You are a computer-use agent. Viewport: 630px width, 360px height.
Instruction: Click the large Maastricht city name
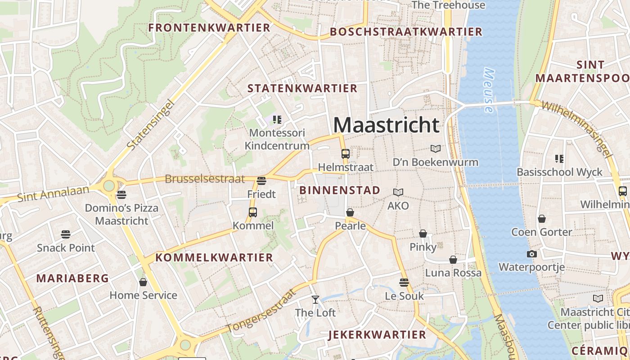(386, 125)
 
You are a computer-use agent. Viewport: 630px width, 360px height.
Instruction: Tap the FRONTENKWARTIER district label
(209, 28)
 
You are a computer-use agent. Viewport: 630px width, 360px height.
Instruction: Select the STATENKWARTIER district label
(302, 88)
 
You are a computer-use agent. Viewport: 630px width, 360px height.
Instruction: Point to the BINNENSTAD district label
(340, 190)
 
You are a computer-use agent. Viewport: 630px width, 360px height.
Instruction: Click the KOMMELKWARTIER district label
(214, 258)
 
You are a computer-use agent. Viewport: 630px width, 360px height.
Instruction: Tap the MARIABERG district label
(72, 279)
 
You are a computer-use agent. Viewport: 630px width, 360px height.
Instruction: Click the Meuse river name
(488, 90)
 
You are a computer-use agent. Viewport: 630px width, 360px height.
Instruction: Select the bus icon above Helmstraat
(345, 154)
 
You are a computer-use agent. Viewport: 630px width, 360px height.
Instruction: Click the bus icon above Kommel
(253, 212)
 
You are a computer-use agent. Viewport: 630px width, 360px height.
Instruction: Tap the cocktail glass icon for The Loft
(315, 299)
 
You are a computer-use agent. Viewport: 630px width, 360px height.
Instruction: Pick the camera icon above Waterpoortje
(531, 254)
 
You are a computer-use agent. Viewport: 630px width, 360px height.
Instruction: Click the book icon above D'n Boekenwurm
(435, 148)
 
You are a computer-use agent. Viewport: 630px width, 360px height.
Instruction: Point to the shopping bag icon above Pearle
(350, 212)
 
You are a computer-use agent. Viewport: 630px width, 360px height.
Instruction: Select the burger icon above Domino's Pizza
(121, 195)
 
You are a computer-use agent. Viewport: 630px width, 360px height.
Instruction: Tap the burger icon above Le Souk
(404, 283)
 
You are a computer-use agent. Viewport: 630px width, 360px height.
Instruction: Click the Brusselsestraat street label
(205, 179)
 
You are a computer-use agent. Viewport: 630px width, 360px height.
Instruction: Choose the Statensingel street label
(151, 125)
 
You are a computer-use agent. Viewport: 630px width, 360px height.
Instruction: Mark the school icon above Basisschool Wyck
(559, 158)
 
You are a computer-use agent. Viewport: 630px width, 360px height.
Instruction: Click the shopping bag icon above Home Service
(143, 282)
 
